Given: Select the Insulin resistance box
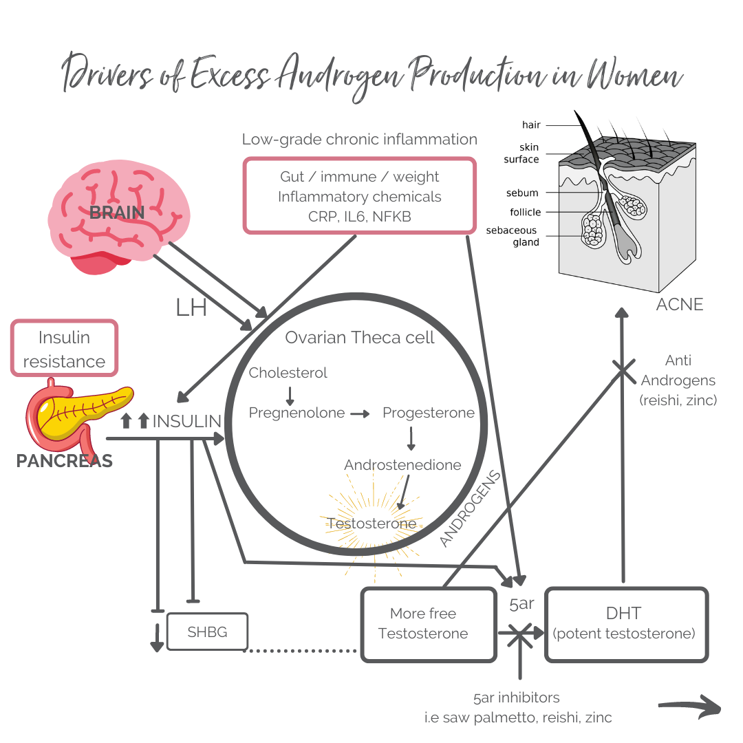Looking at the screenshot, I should coord(64,349).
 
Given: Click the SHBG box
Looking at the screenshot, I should coord(207,632).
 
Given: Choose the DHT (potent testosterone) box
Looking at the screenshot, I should coord(626,624).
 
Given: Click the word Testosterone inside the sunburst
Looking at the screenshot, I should coord(371,524).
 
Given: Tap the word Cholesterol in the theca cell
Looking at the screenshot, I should coord(288,373).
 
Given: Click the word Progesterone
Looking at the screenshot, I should coord(429,413).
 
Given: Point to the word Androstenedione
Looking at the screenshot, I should coord(402,465).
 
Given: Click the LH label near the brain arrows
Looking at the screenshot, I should coord(191,308).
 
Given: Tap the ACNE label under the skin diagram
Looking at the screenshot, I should coord(680,304).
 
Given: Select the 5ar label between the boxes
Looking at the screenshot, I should coord(521,604).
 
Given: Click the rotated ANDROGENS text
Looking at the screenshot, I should coord(470,509).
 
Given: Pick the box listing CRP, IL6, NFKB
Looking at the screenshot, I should coord(359,196).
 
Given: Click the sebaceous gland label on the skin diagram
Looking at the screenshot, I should coord(512,236).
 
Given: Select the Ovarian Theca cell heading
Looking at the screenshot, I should coord(360,338).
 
